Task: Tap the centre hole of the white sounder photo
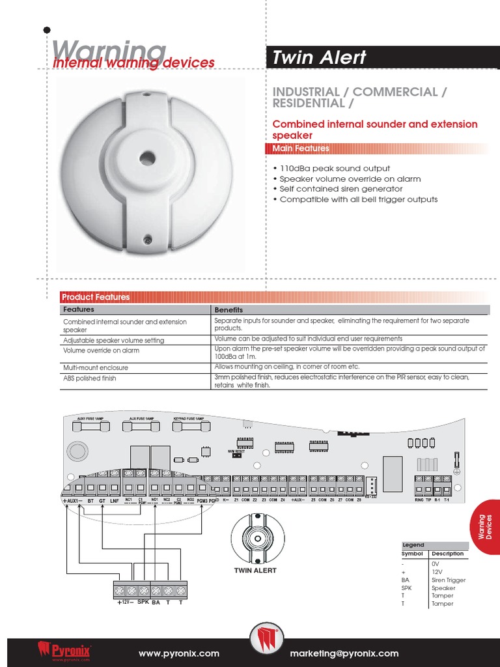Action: coord(147,158)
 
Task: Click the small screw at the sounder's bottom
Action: coord(148,240)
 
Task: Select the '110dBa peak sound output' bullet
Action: coord(335,168)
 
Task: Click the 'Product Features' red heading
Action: coord(95,297)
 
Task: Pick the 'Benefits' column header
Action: coord(229,310)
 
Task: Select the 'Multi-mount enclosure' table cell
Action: coord(95,368)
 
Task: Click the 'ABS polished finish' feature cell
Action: coord(90,378)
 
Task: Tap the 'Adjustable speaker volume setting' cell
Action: coord(113,341)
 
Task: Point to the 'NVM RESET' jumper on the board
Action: coord(236,454)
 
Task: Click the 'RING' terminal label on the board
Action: coord(419,500)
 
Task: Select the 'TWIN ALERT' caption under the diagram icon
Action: coord(255,571)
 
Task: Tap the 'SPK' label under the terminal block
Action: coord(143,603)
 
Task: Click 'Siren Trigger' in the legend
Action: coord(448,580)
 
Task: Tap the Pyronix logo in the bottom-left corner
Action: coord(64,650)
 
